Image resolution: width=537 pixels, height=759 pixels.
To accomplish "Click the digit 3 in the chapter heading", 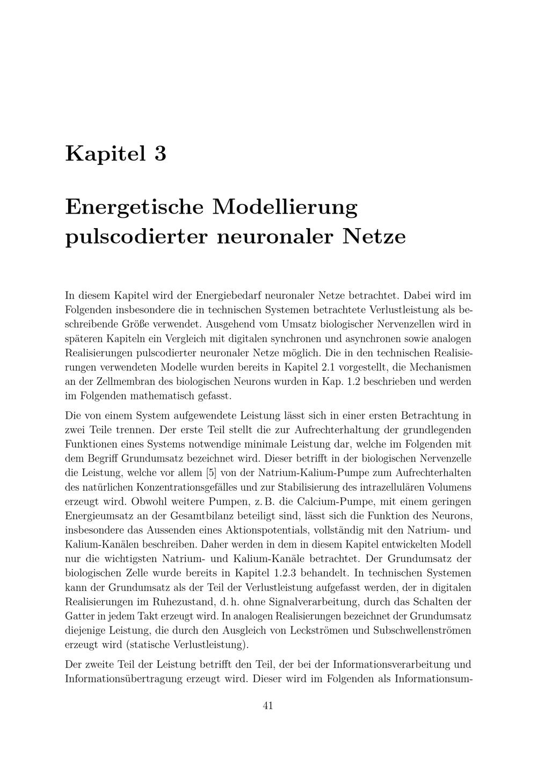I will tap(160, 154).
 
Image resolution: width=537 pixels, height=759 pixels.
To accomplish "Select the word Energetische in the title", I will tap(134, 207).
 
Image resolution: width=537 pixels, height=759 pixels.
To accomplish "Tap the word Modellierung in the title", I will tap(285, 207).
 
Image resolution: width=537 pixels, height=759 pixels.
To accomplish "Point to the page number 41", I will tap(268, 705).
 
